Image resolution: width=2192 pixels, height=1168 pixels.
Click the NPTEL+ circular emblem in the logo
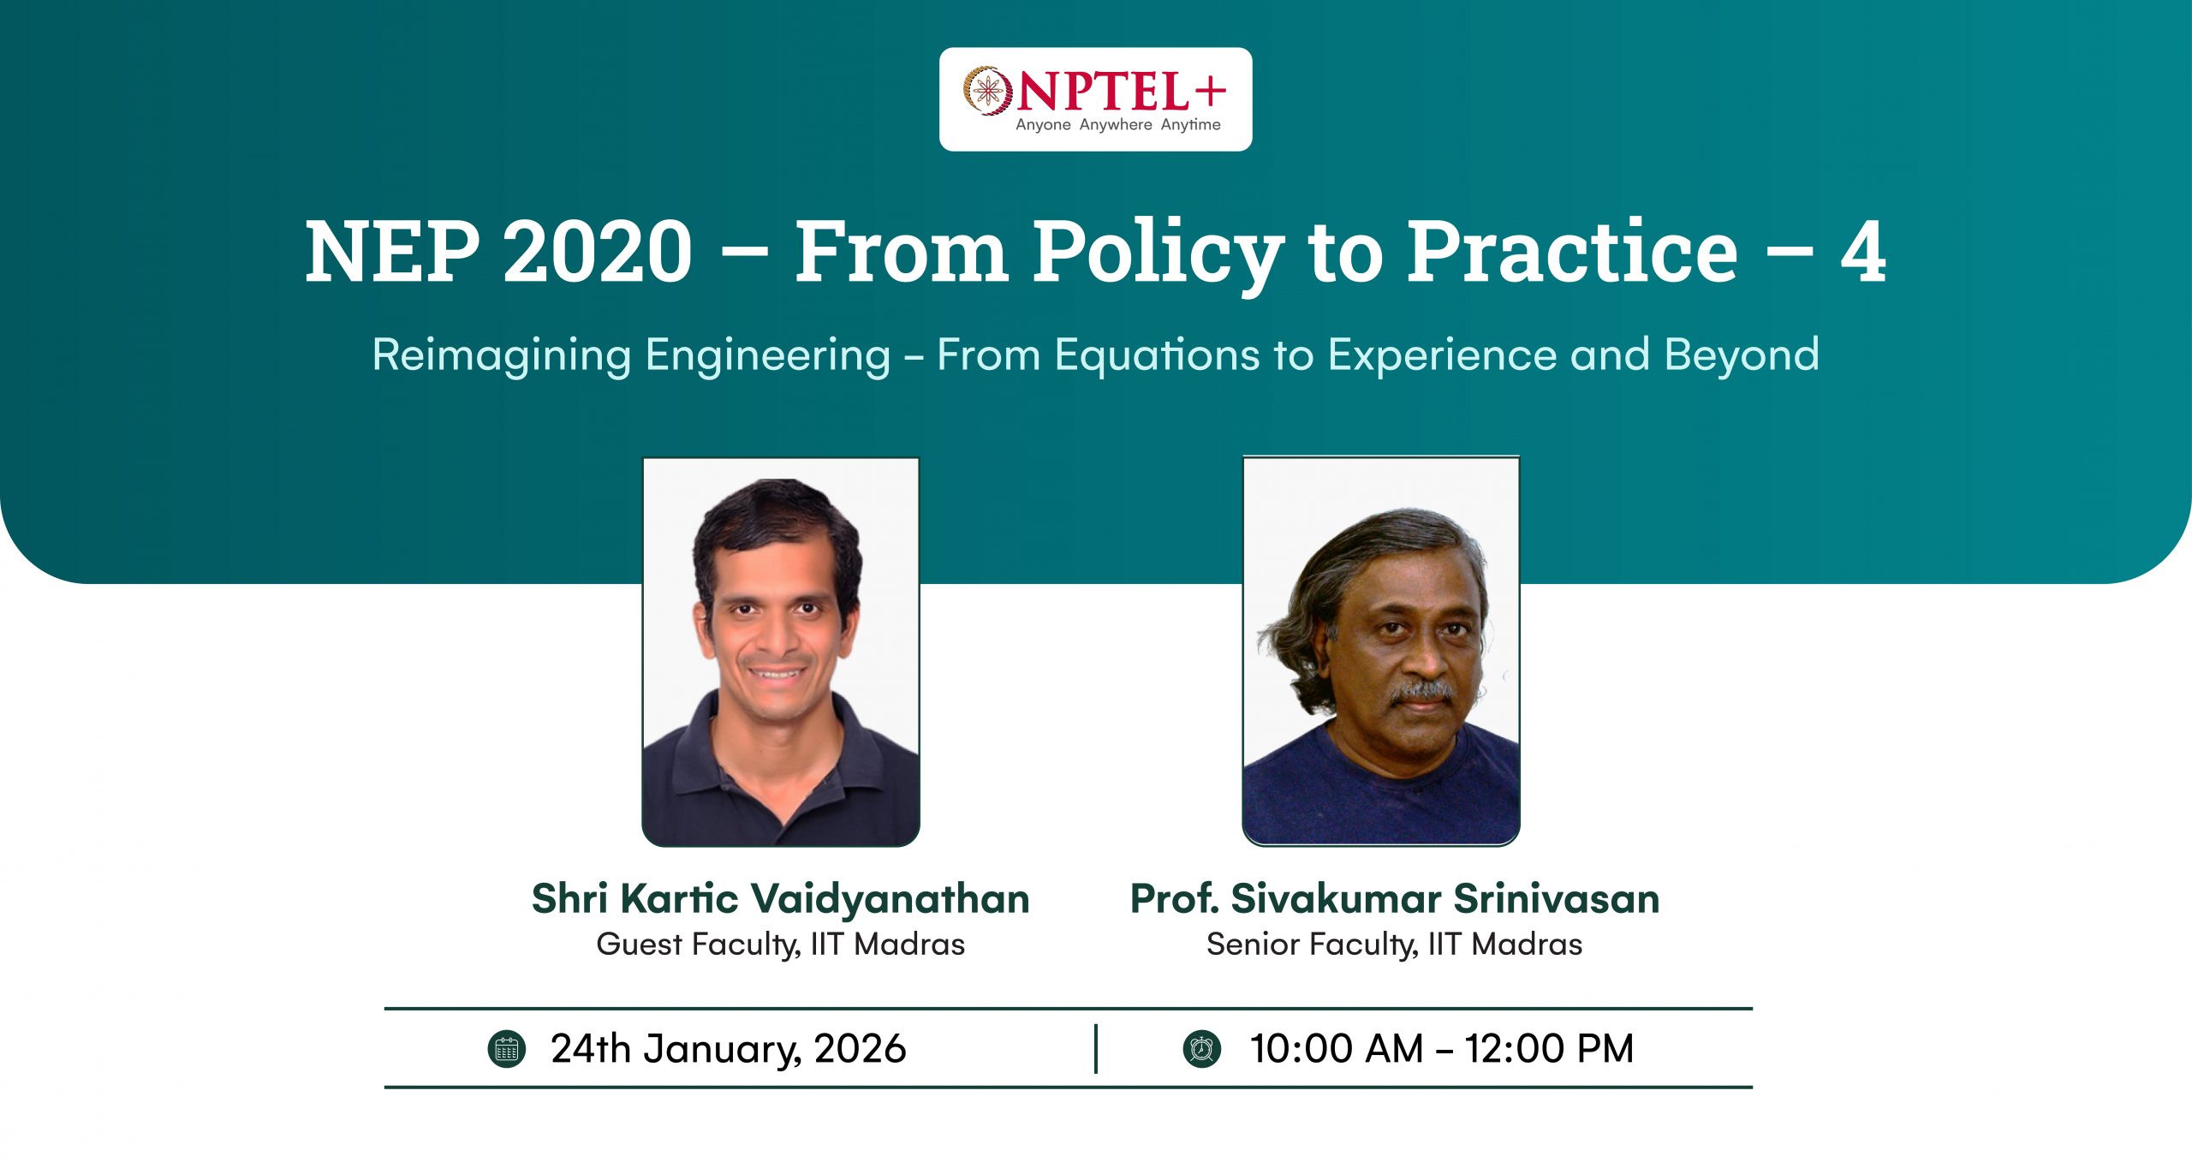[x=987, y=90]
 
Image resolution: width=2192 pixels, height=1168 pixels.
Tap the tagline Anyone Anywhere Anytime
[x=1117, y=125]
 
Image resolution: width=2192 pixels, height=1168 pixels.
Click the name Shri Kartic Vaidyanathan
[x=780, y=899]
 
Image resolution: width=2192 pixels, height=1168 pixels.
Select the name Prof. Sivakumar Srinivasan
[x=1395, y=899]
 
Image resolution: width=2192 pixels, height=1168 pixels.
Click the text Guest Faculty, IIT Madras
[x=780, y=945]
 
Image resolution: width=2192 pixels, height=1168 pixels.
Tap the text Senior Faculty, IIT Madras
[x=1394, y=945]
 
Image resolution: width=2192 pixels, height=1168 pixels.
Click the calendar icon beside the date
[x=506, y=1049]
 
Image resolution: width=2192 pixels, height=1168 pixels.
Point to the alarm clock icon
[x=1202, y=1049]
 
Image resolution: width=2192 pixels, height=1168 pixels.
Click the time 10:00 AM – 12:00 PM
[x=1442, y=1049]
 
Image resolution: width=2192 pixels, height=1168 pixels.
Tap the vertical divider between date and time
[x=1096, y=1049]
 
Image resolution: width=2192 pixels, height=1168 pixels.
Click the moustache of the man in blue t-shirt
[x=1422, y=690]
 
